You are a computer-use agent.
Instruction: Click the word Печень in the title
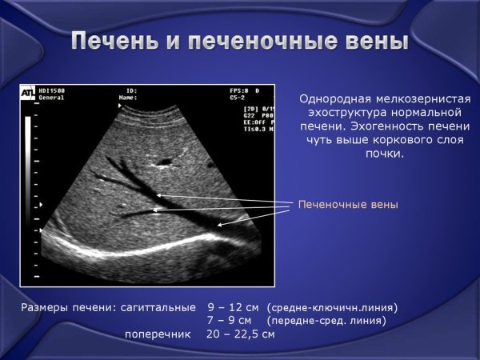point(111,42)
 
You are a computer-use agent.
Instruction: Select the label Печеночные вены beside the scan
point(347,205)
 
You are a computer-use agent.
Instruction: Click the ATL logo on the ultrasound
point(27,94)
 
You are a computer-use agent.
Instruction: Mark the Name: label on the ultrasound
point(128,98)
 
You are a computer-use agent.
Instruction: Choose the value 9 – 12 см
point(233,306)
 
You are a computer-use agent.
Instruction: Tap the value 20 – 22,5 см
point(241,334)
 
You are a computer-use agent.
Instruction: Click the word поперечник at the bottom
point(158,334)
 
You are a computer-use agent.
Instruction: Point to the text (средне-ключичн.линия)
point(333,307)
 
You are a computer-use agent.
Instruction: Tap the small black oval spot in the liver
point(165,162)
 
